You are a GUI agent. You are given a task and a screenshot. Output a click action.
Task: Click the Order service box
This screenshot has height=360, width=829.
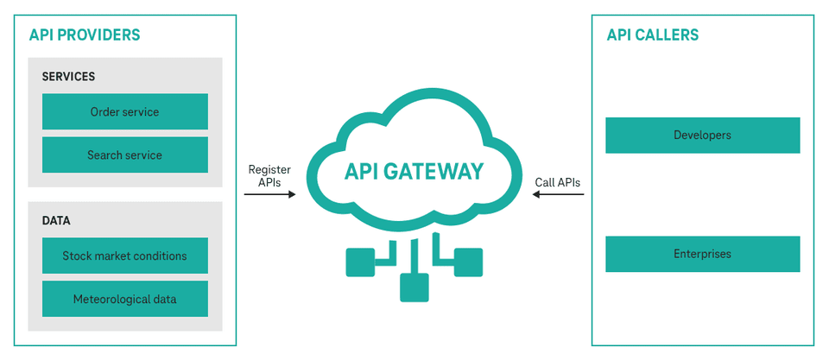124,111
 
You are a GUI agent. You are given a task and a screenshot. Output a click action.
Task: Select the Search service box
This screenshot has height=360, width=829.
124,155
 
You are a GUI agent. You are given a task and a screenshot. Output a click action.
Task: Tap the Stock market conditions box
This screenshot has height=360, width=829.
124,256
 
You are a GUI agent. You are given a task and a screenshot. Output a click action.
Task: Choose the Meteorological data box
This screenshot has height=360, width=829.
124,299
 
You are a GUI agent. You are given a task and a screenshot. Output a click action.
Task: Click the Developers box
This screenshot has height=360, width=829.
702,136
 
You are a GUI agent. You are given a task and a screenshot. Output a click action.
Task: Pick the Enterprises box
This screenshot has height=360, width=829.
702,254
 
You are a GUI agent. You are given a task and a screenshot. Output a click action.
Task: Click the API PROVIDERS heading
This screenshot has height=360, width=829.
85,35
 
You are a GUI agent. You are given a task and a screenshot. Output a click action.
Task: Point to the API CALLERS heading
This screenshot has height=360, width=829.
652,35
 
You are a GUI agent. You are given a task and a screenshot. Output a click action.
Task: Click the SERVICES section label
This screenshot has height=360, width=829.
68,77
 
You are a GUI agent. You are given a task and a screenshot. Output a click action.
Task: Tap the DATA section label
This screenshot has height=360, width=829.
56,221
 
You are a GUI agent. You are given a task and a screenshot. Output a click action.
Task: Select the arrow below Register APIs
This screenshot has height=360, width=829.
269,195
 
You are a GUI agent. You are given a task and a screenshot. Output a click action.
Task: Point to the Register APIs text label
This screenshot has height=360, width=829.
269,175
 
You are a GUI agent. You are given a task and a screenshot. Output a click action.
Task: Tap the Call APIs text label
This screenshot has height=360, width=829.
558,182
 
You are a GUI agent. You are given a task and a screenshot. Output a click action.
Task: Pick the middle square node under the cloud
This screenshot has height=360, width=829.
414,287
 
